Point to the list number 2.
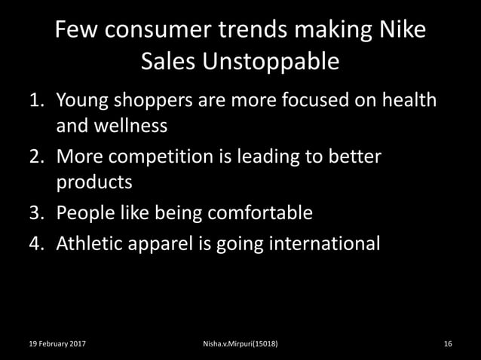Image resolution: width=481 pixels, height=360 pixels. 36,157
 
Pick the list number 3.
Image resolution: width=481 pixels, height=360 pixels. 36,213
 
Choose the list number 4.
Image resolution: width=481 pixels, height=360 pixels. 36,243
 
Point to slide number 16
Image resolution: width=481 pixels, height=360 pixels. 448,344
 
